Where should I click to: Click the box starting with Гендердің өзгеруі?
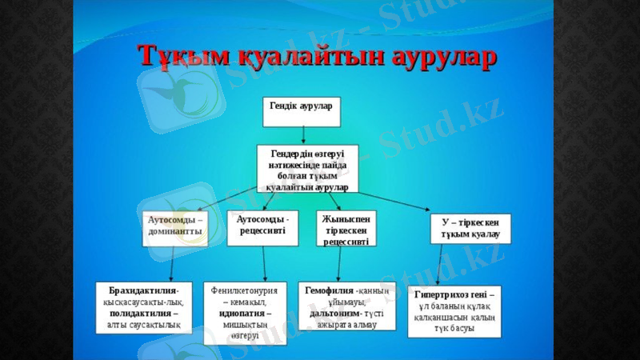tap(307, 168)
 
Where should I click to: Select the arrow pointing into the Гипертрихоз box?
tap(442, 265)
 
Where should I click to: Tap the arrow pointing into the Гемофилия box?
tap(339, 263)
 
